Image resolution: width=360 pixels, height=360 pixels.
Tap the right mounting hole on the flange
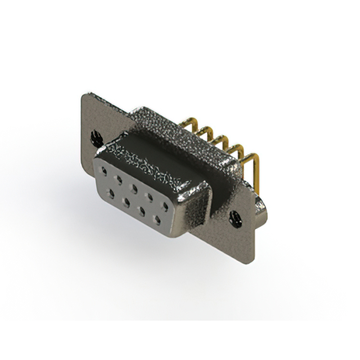(236, 214)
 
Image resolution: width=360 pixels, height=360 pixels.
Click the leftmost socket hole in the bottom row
(112, 192)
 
